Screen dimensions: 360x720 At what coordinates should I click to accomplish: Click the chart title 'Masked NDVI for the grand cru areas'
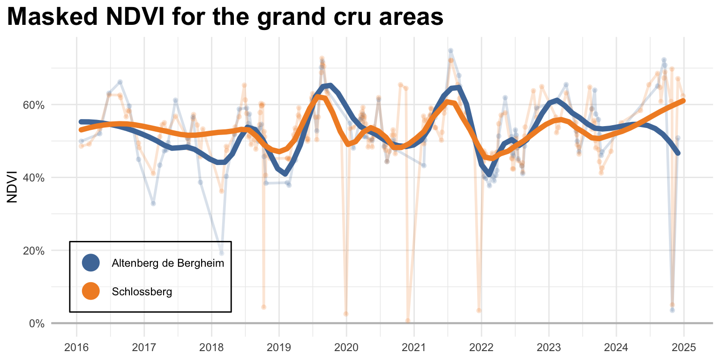225,17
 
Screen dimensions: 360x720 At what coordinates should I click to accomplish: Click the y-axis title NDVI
13,187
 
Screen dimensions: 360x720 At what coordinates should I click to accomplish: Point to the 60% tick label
34,105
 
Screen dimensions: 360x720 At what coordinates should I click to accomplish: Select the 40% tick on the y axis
34,178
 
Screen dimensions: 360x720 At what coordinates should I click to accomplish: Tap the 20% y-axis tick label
34,250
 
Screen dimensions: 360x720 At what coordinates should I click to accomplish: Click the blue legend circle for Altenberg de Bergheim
90,262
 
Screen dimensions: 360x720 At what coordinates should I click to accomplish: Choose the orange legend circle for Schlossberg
90,291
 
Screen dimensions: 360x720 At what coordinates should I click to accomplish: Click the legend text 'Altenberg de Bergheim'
168,263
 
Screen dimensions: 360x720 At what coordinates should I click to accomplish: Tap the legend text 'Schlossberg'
142,292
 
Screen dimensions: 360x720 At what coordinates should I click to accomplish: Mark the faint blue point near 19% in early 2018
221,253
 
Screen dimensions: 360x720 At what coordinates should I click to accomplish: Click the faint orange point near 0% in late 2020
408,321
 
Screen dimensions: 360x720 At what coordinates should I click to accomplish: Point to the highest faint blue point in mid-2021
450,51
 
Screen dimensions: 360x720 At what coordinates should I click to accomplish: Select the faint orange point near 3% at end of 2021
479,310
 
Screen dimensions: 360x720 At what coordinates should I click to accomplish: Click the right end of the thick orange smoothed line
683,101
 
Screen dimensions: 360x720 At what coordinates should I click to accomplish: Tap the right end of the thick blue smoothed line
678,153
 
